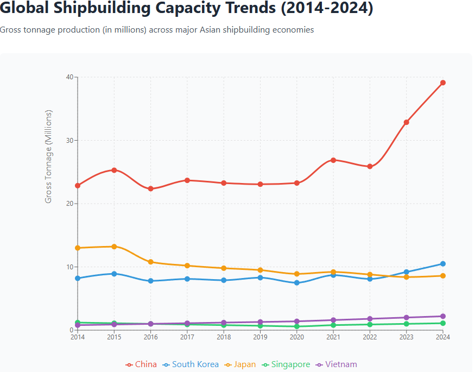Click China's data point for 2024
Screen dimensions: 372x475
[443, 83]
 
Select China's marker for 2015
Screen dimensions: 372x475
[114, 170]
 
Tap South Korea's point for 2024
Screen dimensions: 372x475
[443, 264]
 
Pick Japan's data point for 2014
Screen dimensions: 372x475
[78, 248]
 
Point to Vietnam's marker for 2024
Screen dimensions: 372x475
[443, 316]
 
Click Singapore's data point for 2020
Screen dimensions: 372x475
[297, 326]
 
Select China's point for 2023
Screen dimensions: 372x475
[407, 122]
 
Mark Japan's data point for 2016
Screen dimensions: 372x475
[151, 262]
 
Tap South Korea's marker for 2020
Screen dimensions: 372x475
[297, 283]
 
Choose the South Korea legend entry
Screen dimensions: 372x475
[191, 364]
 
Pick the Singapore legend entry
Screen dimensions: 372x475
[286, 364]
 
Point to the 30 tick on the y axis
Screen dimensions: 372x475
[69, 140]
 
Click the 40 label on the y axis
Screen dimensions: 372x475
[69, 77]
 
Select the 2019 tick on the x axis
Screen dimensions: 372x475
[261, 337]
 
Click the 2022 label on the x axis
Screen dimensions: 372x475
[370, 337]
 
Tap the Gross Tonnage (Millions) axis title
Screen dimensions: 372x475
[49, 156]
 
